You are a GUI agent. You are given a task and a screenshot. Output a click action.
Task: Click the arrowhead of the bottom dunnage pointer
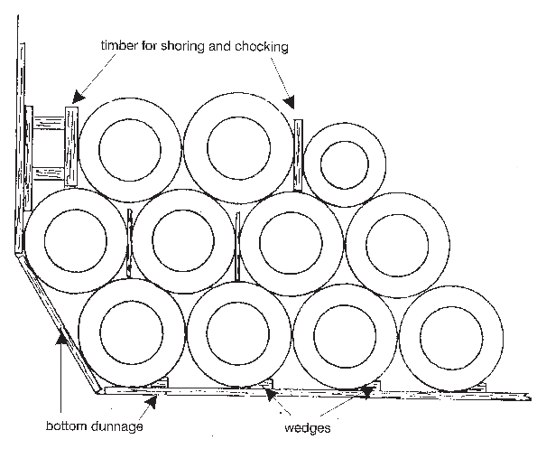(x=61, y=335)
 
